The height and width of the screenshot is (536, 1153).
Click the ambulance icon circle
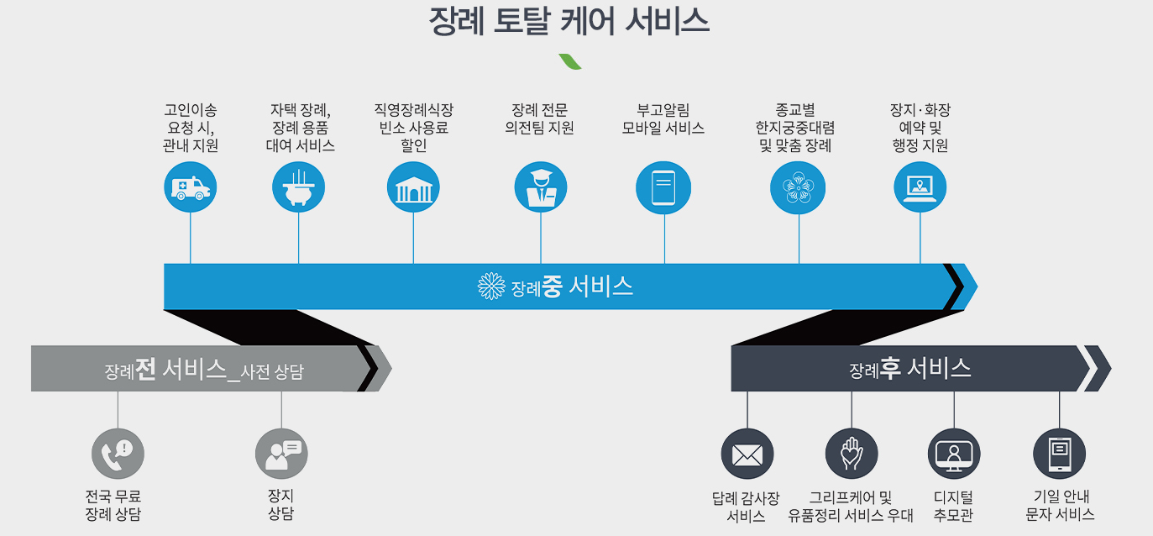pos(191,187)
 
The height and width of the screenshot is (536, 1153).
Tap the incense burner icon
pos(299,187)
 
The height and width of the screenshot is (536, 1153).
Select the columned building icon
pos(413,187)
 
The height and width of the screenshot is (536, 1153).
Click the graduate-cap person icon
pos(541,187)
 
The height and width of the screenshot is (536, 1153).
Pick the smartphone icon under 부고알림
pos(663,187)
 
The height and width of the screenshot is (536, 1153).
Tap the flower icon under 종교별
pos(798,187)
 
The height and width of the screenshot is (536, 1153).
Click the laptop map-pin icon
pos(920,187)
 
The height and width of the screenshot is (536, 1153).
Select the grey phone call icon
pos(118,454)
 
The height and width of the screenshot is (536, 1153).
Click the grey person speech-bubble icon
pos(281,454)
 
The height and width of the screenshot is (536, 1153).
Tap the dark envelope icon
pos(747,455)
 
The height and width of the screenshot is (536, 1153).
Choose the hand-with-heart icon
pos(852,455)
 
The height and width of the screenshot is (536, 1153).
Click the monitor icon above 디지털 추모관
pos(954,455)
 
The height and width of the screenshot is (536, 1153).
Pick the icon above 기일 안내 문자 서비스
pos(1059,455)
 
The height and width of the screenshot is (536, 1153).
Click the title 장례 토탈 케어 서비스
pos(569,21)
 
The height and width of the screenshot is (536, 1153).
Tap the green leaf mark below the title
pos(571,61)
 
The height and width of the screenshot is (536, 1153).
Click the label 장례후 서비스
pos(910,368)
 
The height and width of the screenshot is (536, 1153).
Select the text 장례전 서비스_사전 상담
pos(204,370)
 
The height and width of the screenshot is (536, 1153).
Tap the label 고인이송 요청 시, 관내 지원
pos(191,128)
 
